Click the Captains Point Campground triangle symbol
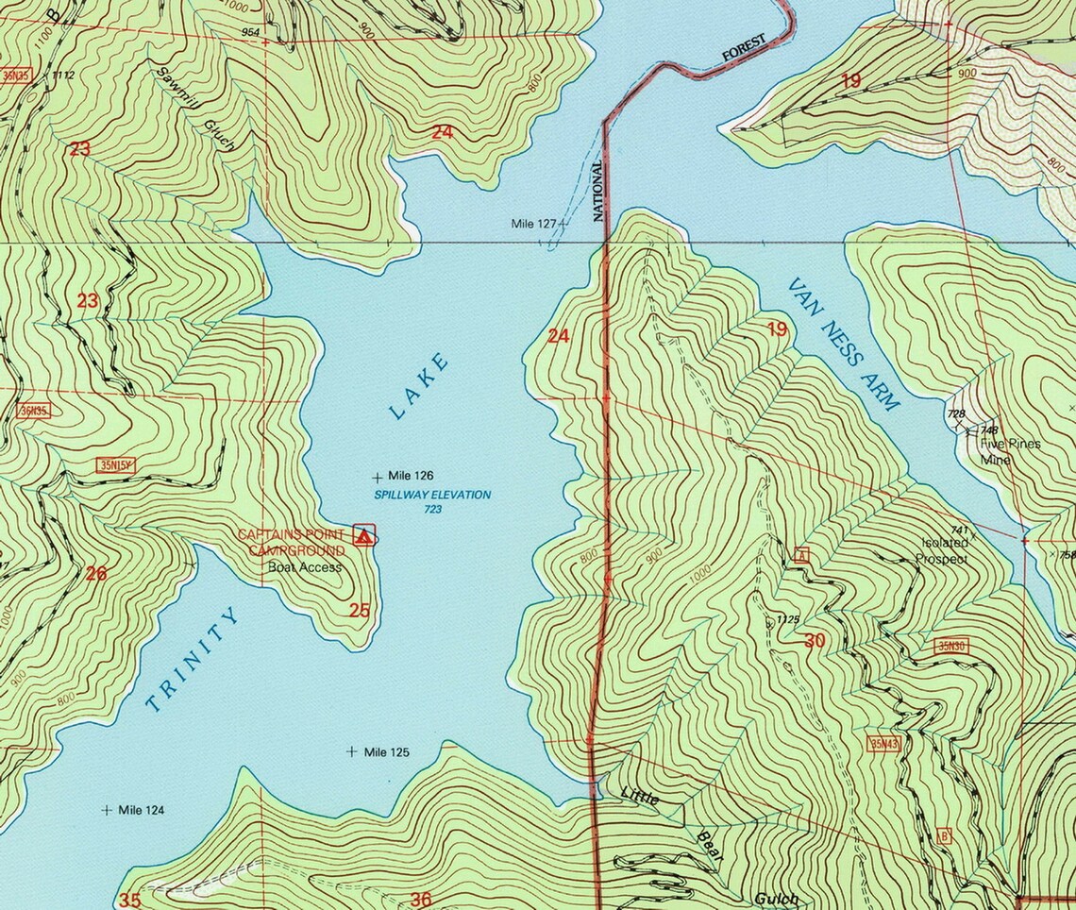(x=363, y=535)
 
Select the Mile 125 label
(x=387, y=752)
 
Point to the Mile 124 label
(x=141, y=810)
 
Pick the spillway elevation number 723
(x=433, y=510)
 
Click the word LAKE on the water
(x=418, y=385)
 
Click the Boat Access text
(x=304, y=567)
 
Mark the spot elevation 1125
(x=787, y=620)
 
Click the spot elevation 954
(x=250, y=32)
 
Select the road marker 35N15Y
(x=116, y=464)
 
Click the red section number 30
(x=815, y=641)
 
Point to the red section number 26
(x=95, y=573)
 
